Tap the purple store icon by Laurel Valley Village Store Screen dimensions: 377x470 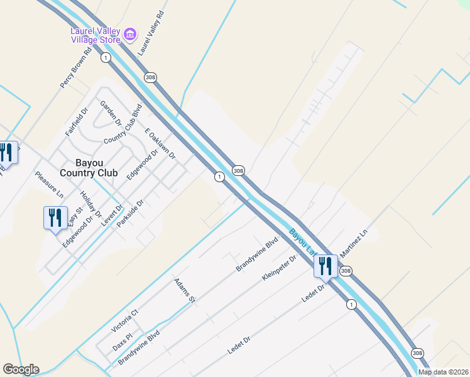point(130,34)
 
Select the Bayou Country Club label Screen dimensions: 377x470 point(89,168)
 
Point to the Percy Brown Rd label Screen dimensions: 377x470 point(77,67)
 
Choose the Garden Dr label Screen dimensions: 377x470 point(111,114)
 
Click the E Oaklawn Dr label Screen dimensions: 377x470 point(160,143)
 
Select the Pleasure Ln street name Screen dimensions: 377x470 point(50,185)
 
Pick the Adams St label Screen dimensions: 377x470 point(185,291)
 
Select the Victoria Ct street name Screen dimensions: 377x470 point(124,320)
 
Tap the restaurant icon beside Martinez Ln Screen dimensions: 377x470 point(325,266)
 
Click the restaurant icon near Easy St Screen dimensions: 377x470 point(55,218)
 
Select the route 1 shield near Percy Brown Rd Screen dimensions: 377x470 point(106,57)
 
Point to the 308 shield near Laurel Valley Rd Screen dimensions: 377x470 point(150,77)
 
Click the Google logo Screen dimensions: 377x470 point(21,369)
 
